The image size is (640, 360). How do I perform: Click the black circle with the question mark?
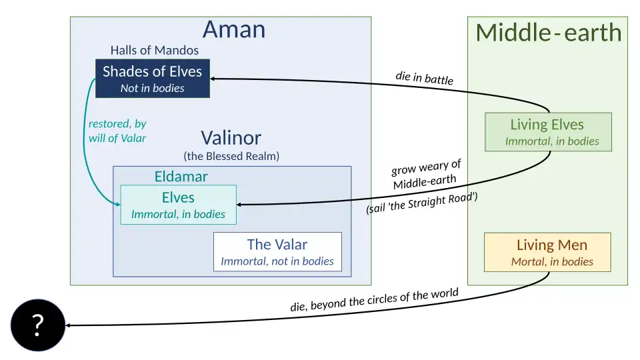[37, 325]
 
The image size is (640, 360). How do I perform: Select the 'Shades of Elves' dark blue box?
[152, 79]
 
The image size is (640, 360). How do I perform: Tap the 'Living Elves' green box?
[547, 132]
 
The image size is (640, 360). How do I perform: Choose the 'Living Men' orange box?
[547, 252]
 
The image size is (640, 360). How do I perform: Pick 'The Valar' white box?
[277, 252]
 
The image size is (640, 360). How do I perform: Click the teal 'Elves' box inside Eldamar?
[178, 205]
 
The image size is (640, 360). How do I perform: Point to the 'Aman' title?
[233, 29]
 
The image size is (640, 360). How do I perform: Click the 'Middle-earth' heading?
[548, 33]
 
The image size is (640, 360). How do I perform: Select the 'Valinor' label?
[231, 138]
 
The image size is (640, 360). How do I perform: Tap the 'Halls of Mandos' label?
[154, 50]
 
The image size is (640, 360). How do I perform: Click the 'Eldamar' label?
[181, 177]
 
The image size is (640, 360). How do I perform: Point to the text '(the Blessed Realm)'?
[231, 156]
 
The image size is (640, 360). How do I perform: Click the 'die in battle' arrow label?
[424, 78]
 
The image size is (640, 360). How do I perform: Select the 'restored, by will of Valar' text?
[117, 131]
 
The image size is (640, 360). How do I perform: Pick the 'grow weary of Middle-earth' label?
[425, 175]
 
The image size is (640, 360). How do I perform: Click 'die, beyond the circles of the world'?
[374, 301]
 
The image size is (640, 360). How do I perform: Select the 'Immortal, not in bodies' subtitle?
[277, 261]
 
